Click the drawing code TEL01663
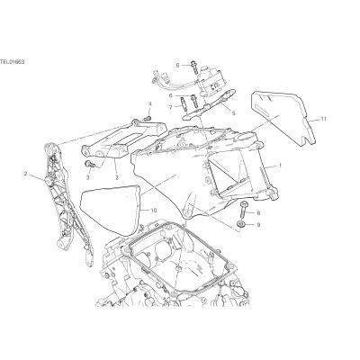point(12,62)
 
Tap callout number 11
point(323,119)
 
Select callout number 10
point(154,211)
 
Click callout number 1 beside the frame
point(280,166)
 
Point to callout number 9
point(258,224)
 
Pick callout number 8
point(258,213)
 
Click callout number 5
point(233,113)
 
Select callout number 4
point(150,104)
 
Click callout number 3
point(88,178)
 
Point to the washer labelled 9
point(241,223)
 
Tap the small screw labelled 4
point(148,119)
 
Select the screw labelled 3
point(90,164)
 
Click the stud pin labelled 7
point(183,103)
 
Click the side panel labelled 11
point(283,117)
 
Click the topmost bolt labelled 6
point(193,67)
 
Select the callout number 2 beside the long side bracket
point(26,174)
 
